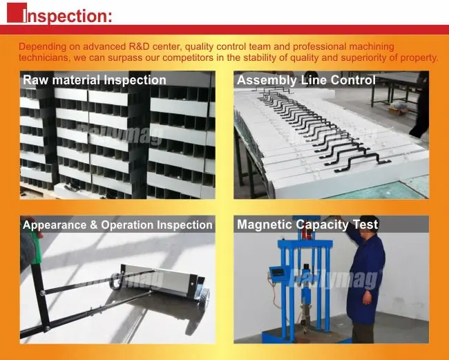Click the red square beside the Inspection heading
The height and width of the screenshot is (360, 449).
[x=17, y=12]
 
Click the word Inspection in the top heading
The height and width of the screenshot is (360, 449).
[x=68, y=16]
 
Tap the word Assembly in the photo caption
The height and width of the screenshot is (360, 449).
[x=267, y=80]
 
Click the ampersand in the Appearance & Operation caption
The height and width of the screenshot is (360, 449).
[x=94, y=225]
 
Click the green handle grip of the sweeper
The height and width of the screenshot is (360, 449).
[x=37, y=248]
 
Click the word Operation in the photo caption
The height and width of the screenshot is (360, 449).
[x=127, y=225]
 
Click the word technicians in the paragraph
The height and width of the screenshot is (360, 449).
[x=44, y=58]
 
